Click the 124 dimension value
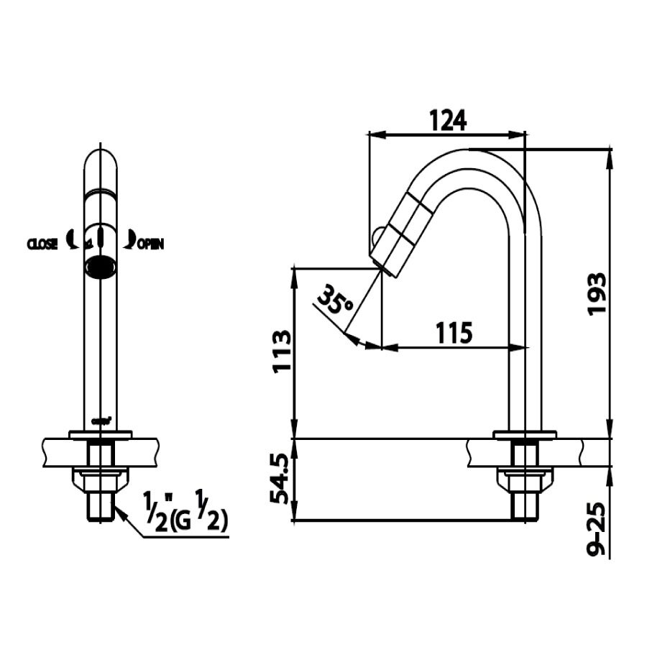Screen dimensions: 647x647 click(448, 119)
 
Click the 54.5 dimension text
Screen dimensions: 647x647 click(281, 479)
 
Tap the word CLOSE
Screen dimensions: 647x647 click(43, 244)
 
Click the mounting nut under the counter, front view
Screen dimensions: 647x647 click(100, 477)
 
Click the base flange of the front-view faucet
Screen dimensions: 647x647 click(100, 433)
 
